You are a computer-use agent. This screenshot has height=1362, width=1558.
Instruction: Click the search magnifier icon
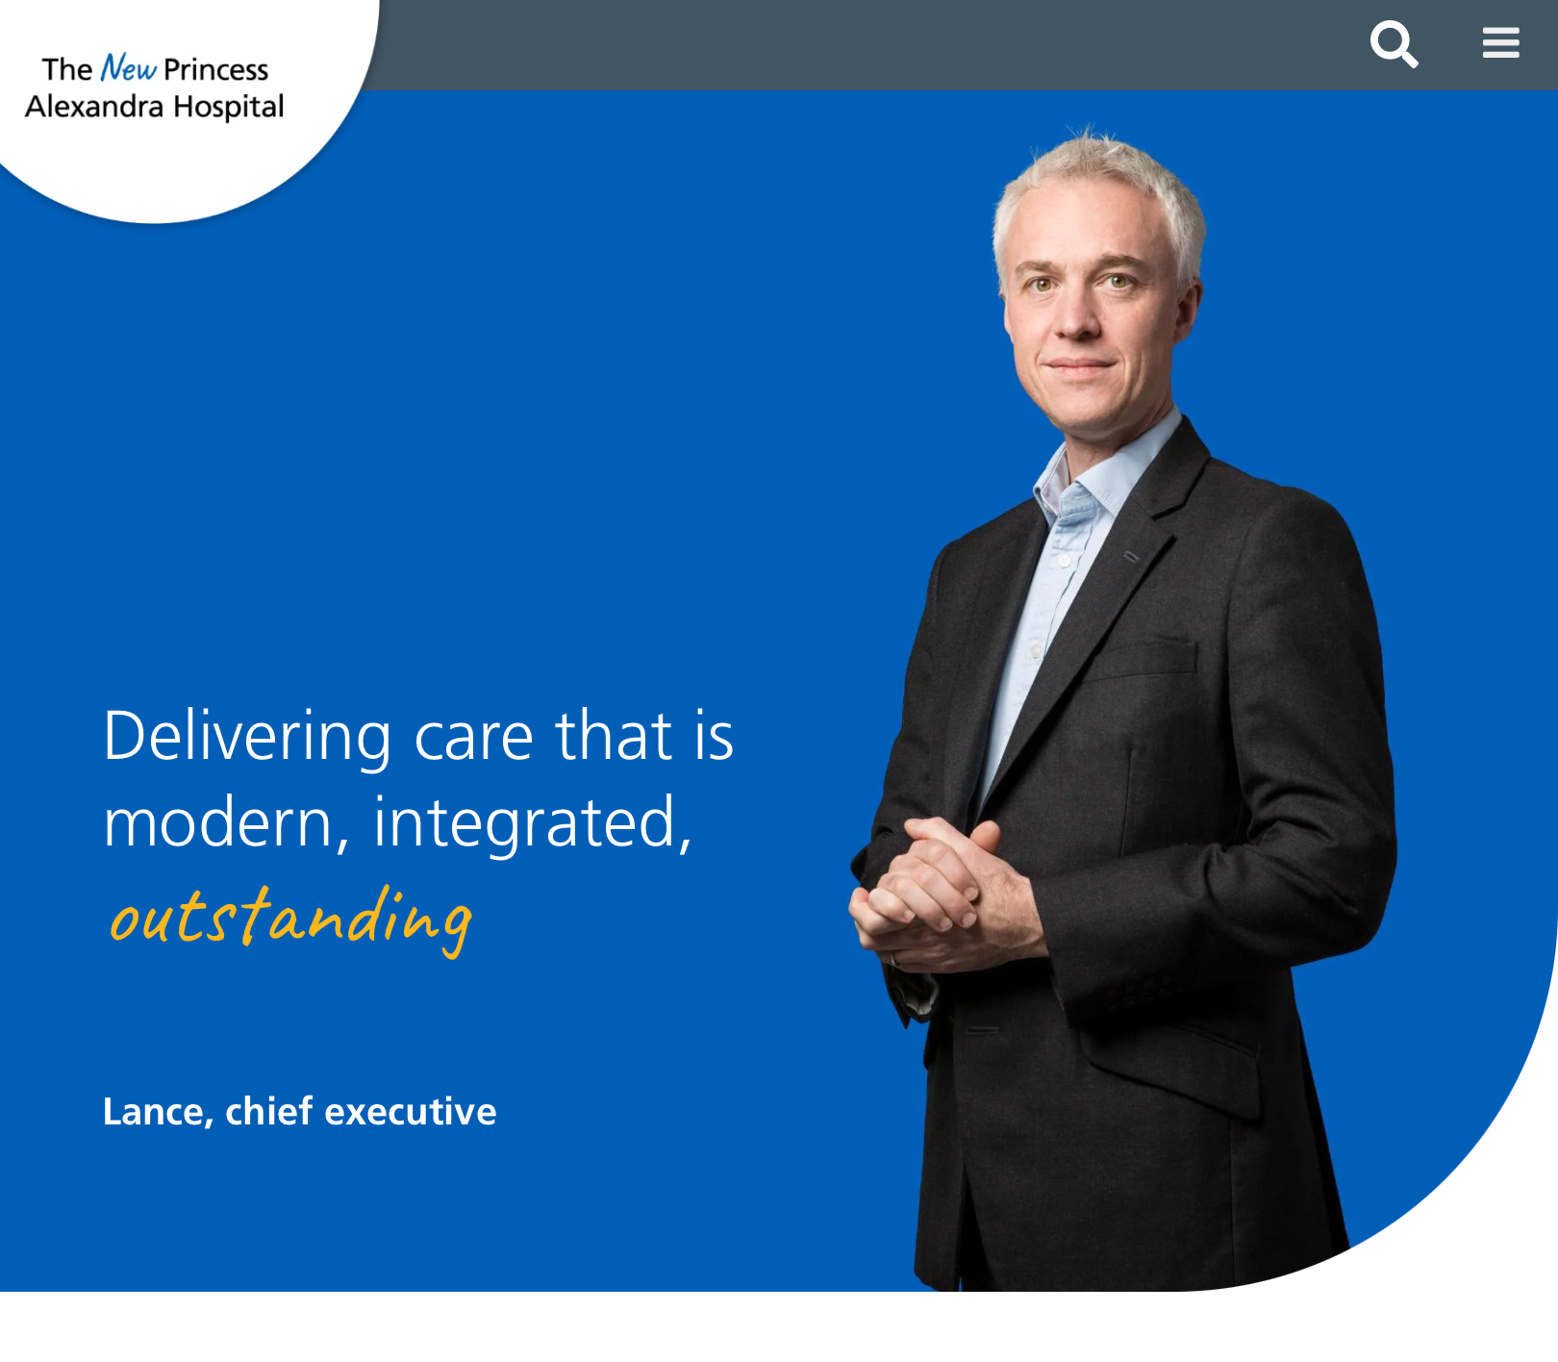(x=1394, y=44)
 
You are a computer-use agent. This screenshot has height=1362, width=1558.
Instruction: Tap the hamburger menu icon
(x=1500, y=42)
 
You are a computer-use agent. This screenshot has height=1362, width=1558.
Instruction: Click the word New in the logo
(x=128, y=68)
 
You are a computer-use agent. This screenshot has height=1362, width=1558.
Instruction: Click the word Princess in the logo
(x=215, y=69)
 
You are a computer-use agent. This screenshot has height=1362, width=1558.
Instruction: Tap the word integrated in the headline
(x=532, y=824)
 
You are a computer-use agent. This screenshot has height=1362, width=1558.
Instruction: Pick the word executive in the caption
(x=411, y=1112)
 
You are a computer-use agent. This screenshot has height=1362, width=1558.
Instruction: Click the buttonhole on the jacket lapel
(x=1132, y=556)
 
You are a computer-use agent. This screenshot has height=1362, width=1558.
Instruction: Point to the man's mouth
(x=1080, y=366)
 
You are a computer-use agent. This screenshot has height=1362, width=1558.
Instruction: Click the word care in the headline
(x=473, y=738)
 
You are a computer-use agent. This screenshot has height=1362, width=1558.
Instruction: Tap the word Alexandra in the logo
(x=94, y=106)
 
